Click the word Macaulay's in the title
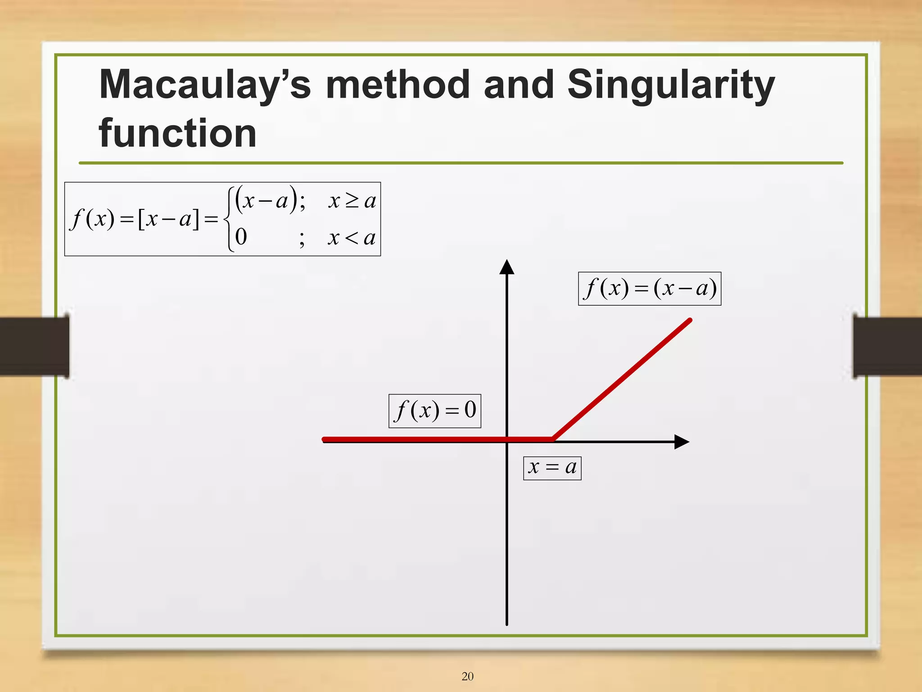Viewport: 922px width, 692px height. [x=205, y=86]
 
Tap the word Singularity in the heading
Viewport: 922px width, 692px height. [x=671, y=86]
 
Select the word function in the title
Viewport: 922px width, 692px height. [x=178, y=134]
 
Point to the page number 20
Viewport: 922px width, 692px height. [x=467, y=676]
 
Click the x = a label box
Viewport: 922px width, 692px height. [x=552, y=468]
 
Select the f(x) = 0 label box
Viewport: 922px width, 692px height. [x=434, y=411]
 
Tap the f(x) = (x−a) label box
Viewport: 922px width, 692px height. [x=649, y=289]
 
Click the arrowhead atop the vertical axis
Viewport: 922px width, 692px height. [x=507, y=267]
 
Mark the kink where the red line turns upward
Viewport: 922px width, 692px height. [x=553, y=439]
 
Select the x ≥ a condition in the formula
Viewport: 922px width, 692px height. [x=352, y=201]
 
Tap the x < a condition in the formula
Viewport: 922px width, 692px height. [x=351, y=238]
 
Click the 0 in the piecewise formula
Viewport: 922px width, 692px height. [x=241, y=237]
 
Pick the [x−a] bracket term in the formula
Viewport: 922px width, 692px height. [x=168, y=220]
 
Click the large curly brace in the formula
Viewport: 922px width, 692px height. [x=229, y=219]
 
